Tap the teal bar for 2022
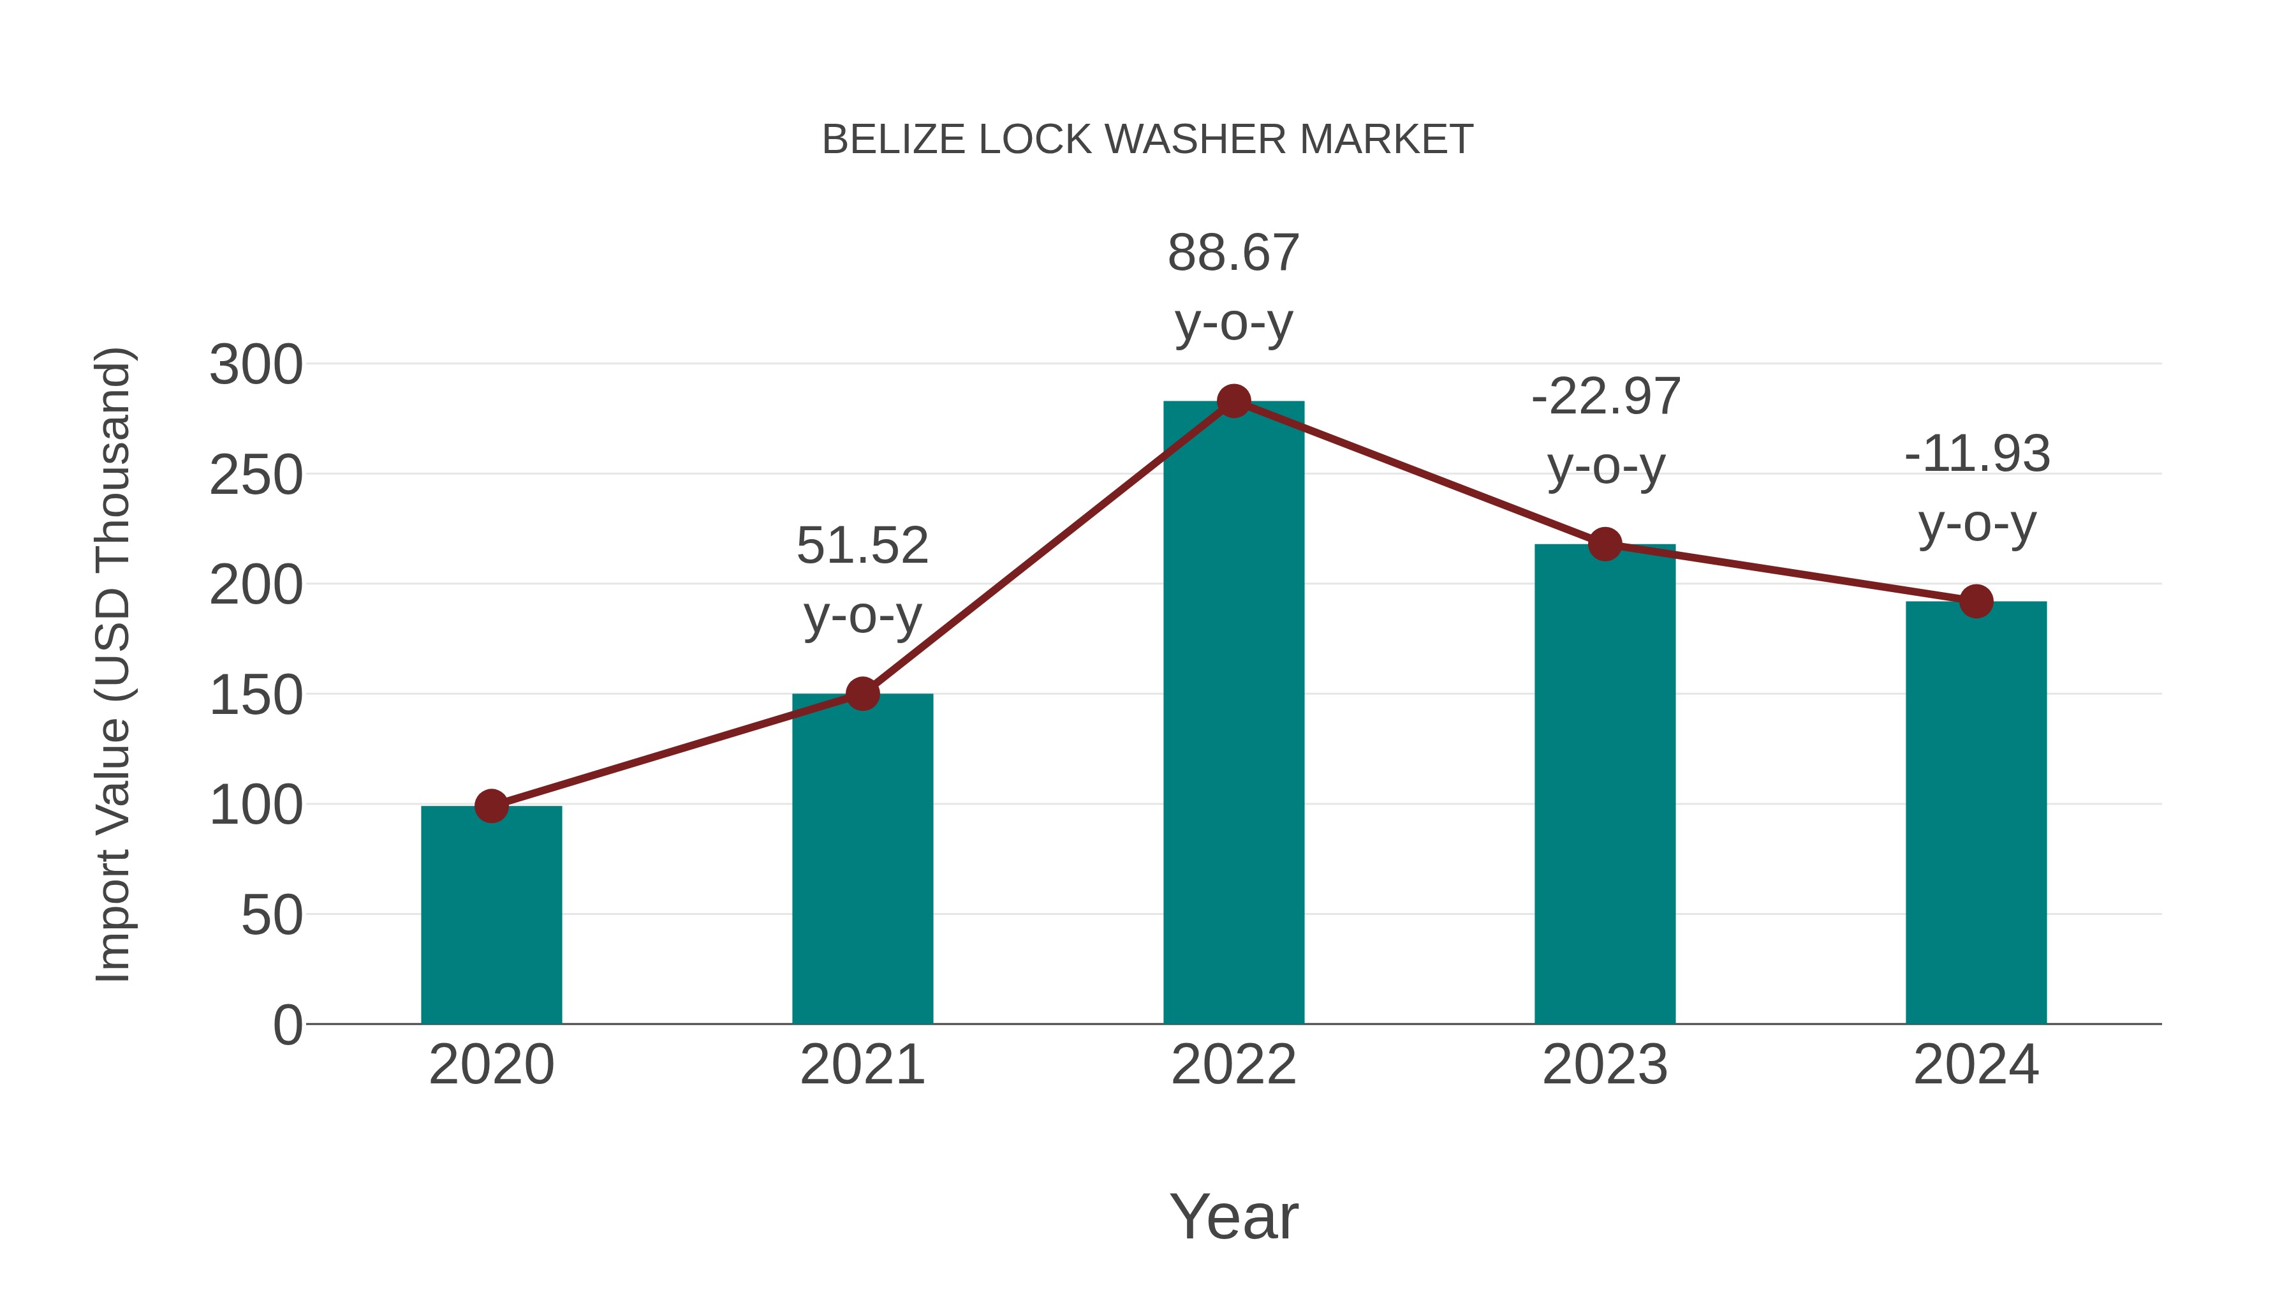click(x=1233, y=713)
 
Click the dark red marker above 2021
click(x=862, y=693)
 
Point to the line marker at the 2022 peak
click(x=1233, y=401)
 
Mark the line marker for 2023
click(x=1605, y=544)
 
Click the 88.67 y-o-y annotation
click(x=1233, y=253)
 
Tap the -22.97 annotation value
click(x=1605, y=397)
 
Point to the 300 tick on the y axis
click(x=256, y=366)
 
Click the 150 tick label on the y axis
click(x=256, y=695)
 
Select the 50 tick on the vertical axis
click(x=271, y=916)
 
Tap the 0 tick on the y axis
click(x=287, y=1025)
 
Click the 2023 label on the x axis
click(x=1605, y=1065)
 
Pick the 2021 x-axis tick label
click(x=862, y=1065)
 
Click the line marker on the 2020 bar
click(x=491, y=806)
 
